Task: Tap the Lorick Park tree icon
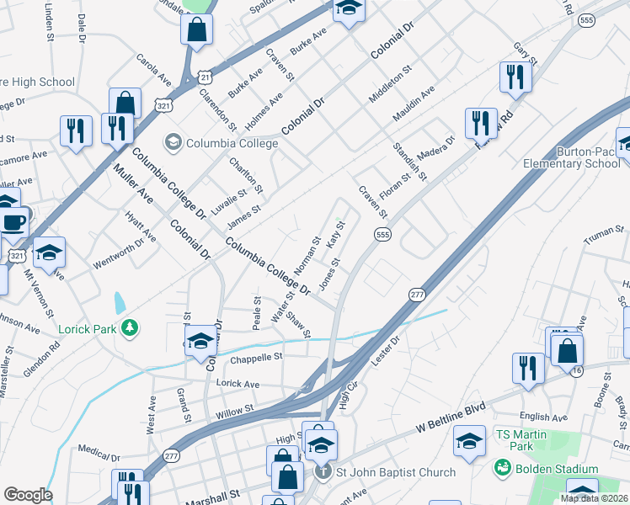click(x=129, y=327)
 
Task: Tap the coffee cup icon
click(x=14, y=222)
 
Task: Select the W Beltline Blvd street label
click(x=451, y=417)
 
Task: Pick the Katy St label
click(x=336, y=236)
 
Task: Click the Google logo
click(x=27, y=495)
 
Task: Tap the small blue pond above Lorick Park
click(x=120, y=301)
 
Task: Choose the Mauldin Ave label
click(x=414, y=100)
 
